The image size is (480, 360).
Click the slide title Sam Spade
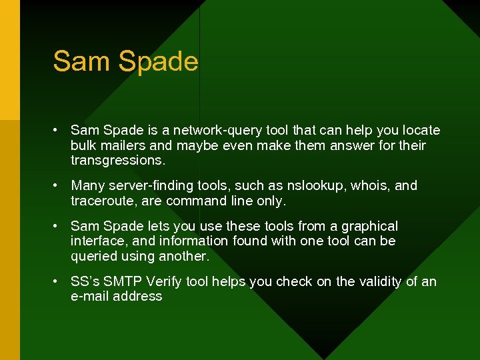point(125,61)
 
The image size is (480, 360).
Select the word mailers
point(125,145)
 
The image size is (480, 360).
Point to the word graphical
point(369,227)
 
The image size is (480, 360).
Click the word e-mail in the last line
point(89,297)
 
